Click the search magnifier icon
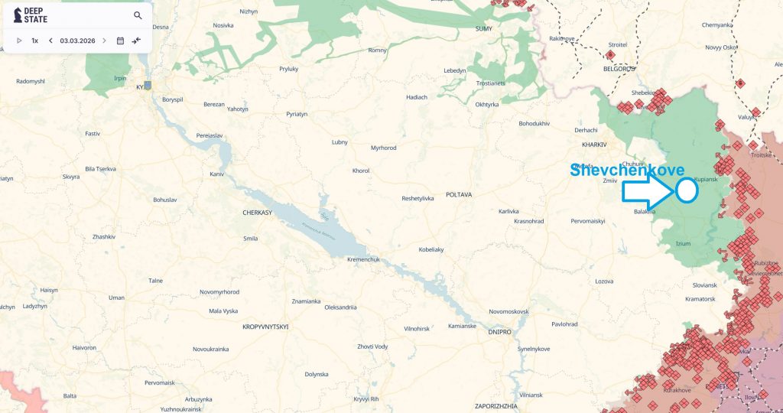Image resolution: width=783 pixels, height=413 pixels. click(138, 15)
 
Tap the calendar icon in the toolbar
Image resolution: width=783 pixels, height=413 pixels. click(120, 41)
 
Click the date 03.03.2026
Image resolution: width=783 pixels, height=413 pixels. click(77, 41)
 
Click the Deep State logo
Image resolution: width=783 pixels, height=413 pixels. click(31, 15)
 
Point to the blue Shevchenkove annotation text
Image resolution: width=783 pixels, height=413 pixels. click(627, 171)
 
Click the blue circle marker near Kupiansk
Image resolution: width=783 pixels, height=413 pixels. click(687, 190)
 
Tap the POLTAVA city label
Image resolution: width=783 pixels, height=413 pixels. click(459, 195)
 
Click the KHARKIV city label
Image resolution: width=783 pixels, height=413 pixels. click(593, 144)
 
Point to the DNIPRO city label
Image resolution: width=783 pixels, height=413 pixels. click(499, 332)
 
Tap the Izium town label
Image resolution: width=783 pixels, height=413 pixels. click(683, 243)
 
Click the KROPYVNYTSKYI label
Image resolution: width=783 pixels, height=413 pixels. click(265, 327)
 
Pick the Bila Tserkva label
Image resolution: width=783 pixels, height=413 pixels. click(100, 167)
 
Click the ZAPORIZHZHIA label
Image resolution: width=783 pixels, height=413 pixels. click(496, 405)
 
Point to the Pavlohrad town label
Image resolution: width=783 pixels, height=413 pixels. click(564, 324)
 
